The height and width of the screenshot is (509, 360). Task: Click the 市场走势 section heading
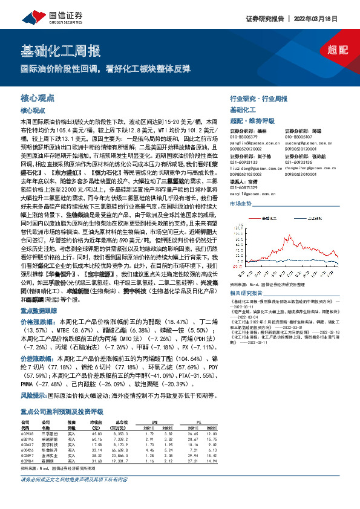241,204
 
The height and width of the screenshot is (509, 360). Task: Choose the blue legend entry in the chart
313,213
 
